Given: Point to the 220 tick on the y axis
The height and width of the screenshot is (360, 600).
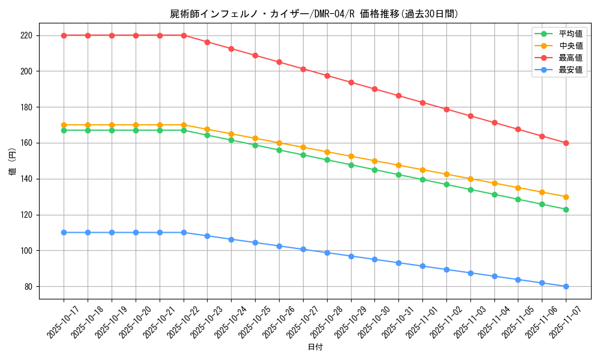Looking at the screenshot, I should (x=26, y=35).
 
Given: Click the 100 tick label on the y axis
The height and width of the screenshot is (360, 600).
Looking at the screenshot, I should (x=26, y=251).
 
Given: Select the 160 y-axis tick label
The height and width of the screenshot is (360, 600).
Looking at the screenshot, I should (x=26, y=143).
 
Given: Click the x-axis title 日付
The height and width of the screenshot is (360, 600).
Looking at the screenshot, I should (x=315, y=347).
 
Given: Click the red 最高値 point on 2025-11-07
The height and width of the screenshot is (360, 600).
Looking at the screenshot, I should (x=566, y=143).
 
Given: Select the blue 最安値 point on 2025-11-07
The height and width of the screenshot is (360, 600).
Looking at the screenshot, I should (x=566, y=286).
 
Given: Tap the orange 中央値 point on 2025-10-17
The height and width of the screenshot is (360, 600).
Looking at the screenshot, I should (x=64, y=125).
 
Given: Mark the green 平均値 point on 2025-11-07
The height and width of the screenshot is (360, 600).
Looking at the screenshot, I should (x=566, y=209).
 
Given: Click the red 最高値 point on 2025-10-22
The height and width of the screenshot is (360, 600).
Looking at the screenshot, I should (x=184, y=35).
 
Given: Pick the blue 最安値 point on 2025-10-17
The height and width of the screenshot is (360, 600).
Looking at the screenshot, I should (x=64, y=232).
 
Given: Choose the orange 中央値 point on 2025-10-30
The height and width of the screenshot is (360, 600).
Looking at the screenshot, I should (x=374, y=161).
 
